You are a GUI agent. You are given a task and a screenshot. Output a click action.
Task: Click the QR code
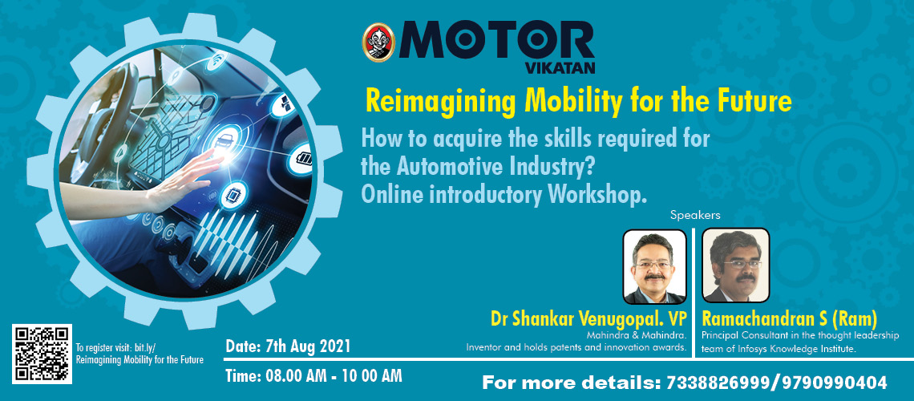coord(42,354)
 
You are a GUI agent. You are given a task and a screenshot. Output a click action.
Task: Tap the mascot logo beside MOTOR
coord(378,43)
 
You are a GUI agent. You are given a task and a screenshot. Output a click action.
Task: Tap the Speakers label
coord(695,215)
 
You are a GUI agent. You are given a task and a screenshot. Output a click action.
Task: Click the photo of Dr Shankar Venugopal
coord(654,266)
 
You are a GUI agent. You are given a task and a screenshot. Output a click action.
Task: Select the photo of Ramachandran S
coord(736,265)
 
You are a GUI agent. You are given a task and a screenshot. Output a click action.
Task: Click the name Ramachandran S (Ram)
coord(789,319)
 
